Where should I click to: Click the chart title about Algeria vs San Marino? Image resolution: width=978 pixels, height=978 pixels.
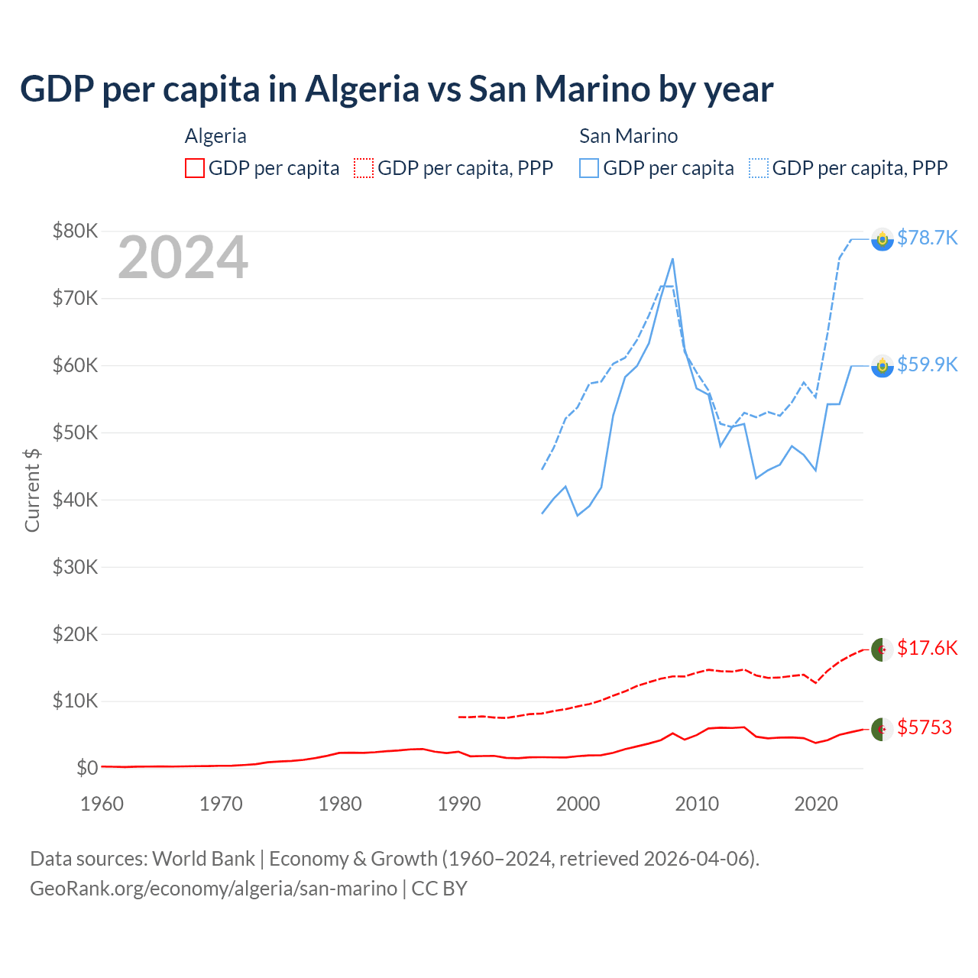[397, 89]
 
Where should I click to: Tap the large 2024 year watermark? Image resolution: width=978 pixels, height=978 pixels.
[183, 257]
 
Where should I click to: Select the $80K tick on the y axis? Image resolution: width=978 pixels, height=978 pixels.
[75, 231]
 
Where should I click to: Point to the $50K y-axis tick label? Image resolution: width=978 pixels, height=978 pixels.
[75, 432]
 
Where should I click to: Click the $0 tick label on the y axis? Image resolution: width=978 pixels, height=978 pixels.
[86, 768]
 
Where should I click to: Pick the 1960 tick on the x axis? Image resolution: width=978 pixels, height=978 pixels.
[102, 804]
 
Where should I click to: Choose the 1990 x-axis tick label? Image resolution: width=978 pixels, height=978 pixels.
[459, 804]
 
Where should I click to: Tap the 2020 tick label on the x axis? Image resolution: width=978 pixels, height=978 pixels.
[816, 804]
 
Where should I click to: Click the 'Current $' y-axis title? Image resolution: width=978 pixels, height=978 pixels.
[32, 490]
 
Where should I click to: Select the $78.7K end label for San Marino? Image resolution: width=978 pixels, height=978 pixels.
[927, 238]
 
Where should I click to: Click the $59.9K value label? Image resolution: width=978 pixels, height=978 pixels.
[927, 364]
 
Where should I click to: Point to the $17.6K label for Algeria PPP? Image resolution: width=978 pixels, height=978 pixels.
[927, 648]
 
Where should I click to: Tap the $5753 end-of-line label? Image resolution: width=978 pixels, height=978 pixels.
[925, 727]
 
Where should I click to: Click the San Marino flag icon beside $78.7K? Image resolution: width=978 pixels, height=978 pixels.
[882, 239]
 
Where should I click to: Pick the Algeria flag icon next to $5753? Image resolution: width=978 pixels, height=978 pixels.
[882, 729]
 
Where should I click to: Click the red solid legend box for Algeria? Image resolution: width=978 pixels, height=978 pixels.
[195, 168]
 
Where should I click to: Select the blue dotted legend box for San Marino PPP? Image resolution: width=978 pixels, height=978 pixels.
[759, 168]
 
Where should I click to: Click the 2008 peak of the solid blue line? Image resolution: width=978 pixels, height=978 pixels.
[672, 259]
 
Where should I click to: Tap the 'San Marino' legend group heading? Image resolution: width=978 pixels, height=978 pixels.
[628, 136]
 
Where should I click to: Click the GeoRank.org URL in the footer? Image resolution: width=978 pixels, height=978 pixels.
[213, 889]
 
